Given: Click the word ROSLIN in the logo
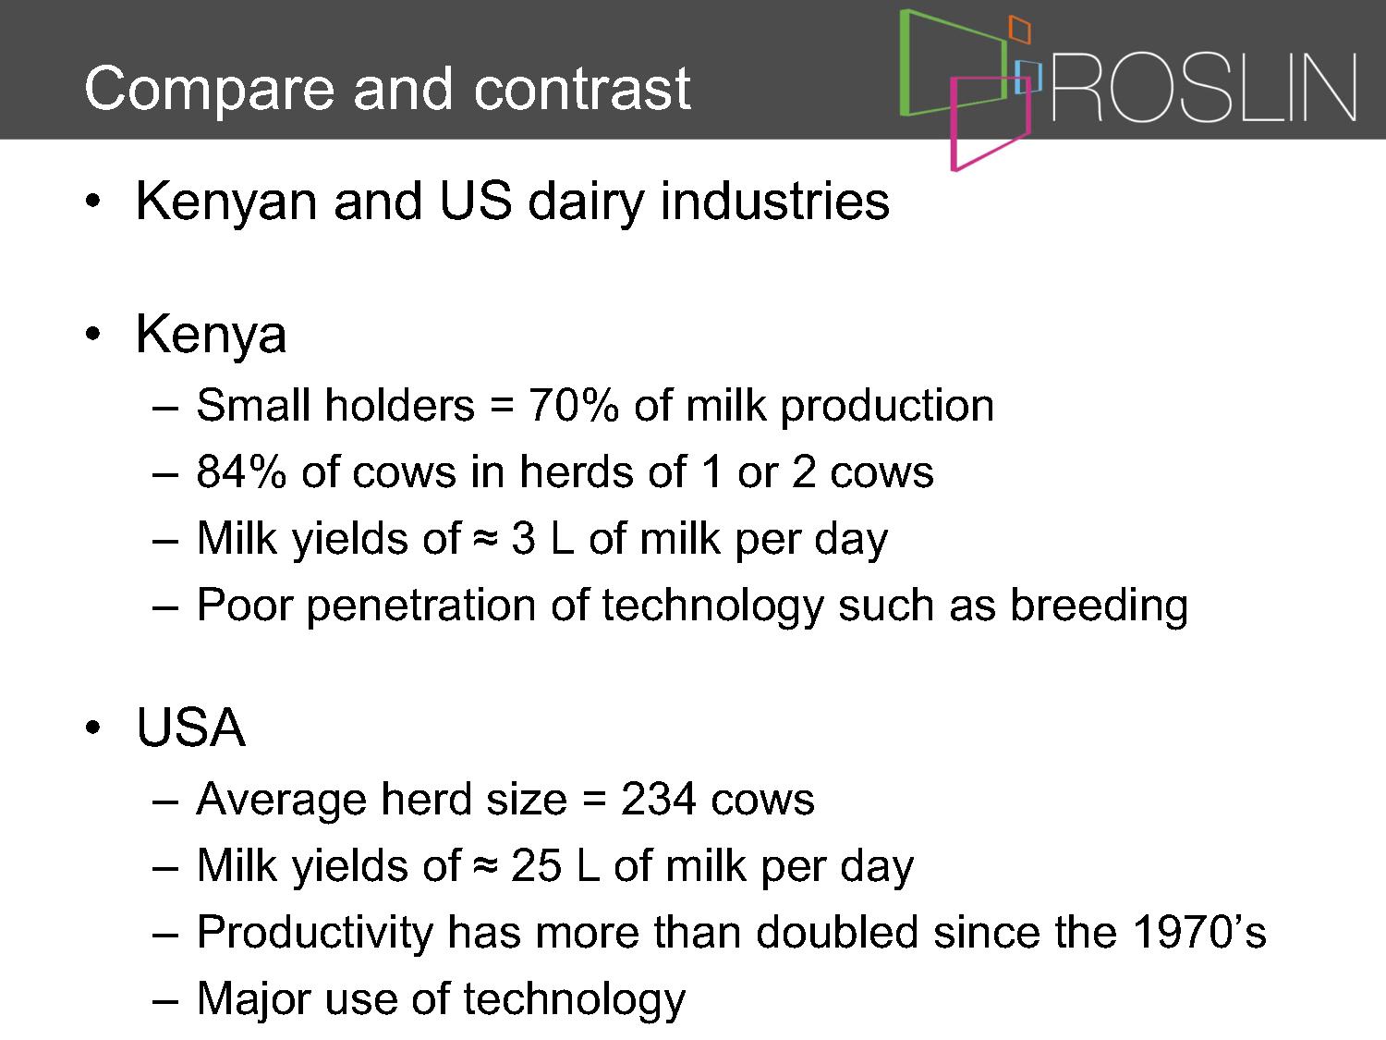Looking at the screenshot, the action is [x=1204, y=87].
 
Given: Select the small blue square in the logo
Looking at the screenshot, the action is [x=1027, y=77].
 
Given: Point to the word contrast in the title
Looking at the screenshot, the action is [x=581, y=89].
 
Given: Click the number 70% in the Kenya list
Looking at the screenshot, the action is [x=574, y=405].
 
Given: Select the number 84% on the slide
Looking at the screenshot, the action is [x=241, y=471].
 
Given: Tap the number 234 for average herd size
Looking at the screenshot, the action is [x=659, y=800].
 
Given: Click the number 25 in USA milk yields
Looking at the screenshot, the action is [x=536, y=865].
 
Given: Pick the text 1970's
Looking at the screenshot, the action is [x=1199, y=932].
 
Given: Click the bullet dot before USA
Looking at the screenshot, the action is [x=92, y=728].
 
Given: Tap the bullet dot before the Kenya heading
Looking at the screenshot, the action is [x=92, y=334].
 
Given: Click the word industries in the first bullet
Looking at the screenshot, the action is [x=774, y=202].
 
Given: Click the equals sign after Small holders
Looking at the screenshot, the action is [x=502, y=406].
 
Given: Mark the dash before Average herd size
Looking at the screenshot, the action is [x=164, y=801].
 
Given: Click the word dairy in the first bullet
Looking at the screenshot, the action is [x=586, y=203].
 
